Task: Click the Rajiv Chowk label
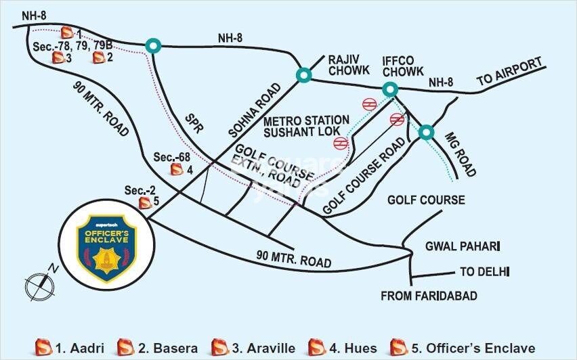(349, 64)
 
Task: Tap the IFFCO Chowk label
(402, 64)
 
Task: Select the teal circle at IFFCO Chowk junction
(390, 89)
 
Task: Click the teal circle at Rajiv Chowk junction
(303, 74)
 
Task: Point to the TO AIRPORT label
(510, 72)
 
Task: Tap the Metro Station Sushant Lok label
(306, 125)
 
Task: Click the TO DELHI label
(484, 272)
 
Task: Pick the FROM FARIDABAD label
(429, 296)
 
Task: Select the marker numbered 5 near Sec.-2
(144, 202)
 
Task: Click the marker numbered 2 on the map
(99, 58)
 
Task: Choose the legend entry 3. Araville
(253, 348)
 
